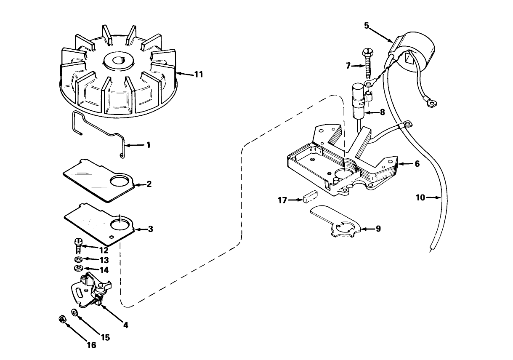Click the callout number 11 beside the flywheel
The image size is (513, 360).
tap(199, 75)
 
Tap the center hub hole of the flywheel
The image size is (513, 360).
tap(118, 61)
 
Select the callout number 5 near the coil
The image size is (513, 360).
tap(367, 26)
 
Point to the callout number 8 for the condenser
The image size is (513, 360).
tap(382, 112)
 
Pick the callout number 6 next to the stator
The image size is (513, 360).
tap(417, 164)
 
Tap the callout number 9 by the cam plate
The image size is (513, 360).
tap(378, 229)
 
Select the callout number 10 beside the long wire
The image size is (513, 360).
tap(420, 197)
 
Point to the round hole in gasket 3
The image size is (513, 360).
tap(120, 224)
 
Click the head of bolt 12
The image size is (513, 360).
tap(78, 242)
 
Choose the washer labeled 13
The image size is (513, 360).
tap(79, 259)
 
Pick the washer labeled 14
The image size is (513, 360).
tap(78, 268)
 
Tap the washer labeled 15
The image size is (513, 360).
tap(74, 312)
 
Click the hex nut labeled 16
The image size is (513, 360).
tap(62, 319)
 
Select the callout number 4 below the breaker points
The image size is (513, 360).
tap(125, 325)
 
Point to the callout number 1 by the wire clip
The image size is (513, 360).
tap(149, 145)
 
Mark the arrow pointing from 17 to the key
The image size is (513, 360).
tap(295, 200)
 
